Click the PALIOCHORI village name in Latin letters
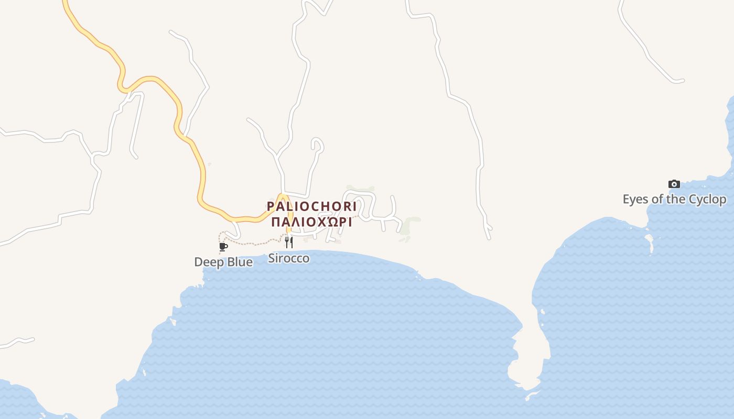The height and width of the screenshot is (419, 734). click(x=311, y=206)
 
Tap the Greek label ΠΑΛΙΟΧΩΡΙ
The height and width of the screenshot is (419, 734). click(x=311, y=222)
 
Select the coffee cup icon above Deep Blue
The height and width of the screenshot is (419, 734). click(x=223, y=247)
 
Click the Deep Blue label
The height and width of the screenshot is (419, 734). click(x=223, y=262)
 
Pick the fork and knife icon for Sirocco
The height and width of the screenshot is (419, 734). click(x=288, y=242)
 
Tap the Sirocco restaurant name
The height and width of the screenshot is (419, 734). click(x=289, y=258)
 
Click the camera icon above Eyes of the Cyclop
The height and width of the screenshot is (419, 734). click(x=674, y=184)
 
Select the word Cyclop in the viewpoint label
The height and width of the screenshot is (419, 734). click(x=707, y=200)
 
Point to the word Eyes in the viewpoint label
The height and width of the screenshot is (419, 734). click(x=634, y=200)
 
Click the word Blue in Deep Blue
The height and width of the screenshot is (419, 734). click(x=240, y=262)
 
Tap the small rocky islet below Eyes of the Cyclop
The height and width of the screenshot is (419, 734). click(x=650, y=242)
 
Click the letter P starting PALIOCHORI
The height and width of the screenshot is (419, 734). click(x=271, y=206)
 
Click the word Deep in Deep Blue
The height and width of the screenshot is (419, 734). click(x=209, y=262)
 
